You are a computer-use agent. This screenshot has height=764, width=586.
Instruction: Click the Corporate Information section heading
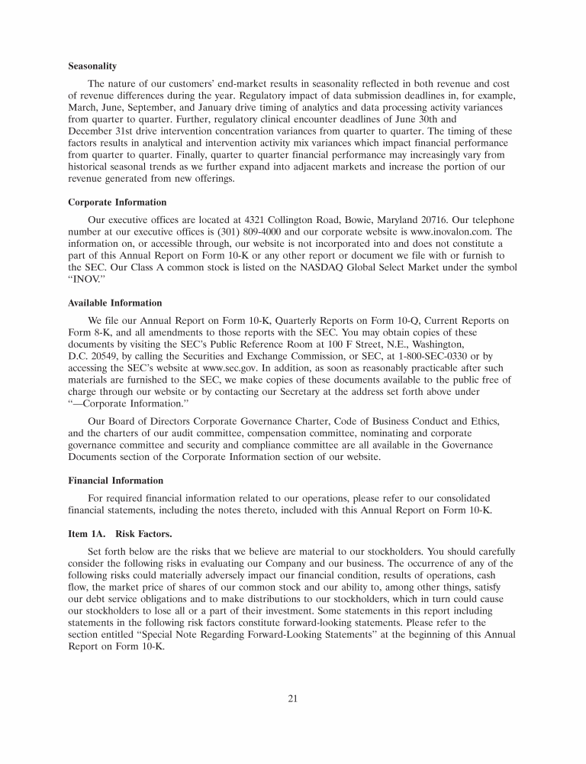click(117, 202)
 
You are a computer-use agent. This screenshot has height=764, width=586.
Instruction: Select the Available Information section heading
click(114, 303)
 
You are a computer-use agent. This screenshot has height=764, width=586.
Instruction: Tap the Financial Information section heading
click(115, 481)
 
